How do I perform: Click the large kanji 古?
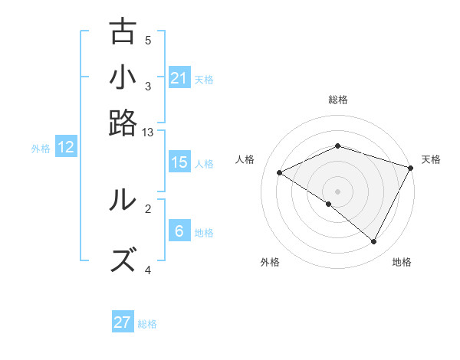pos(123,31)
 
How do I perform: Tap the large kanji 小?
pos(123,77)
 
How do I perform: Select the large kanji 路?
pos(123,123)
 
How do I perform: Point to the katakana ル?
pos(123,200)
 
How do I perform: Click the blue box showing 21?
pos(179,78)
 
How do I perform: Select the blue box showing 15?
pos(179,162)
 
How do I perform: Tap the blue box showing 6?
pos(179,231)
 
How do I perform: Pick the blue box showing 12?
pos(66,148)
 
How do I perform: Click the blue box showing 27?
pos(123,322)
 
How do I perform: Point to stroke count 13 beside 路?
pos(148,133)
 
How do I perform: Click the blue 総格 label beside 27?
pos(147,324)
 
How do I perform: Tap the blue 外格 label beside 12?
pos(41,149)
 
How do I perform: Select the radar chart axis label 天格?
pos(431,159)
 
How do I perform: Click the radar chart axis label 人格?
pos(245,159)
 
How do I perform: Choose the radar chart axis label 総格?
pos(338,100)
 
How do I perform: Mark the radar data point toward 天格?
pos(411,168)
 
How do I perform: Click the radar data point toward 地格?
pos(374,242)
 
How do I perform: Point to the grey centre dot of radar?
pos(338,191)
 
